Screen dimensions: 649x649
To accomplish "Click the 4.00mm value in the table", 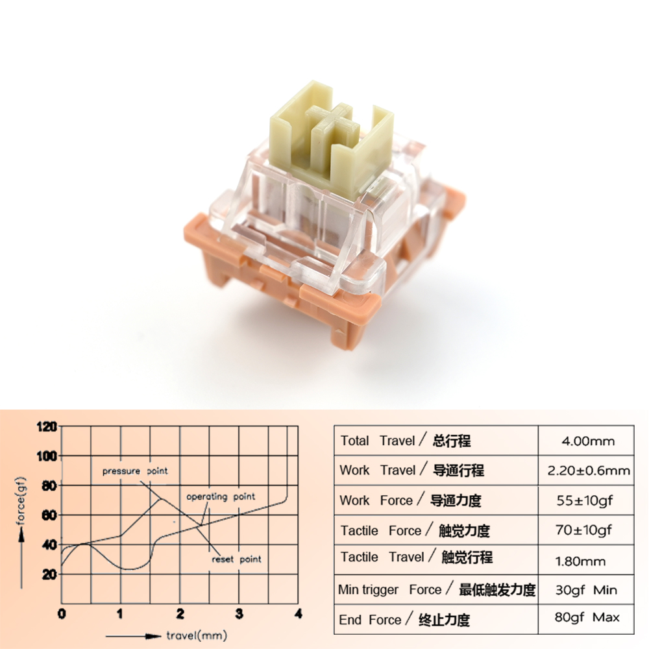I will tap(587, 441).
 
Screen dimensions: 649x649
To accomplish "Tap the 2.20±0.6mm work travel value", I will tap(587, 471).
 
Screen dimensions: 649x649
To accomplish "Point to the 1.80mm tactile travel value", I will tap(583, 561).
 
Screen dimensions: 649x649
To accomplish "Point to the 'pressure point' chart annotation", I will tap(135, 471).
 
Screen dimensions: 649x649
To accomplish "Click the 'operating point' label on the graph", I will tap(221, 496).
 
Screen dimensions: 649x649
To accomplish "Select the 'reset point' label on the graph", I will tap(237, 559).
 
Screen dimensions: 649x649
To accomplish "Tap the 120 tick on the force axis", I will tap(49, 426).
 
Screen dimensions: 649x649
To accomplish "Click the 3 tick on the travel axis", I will tap(239, 613).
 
